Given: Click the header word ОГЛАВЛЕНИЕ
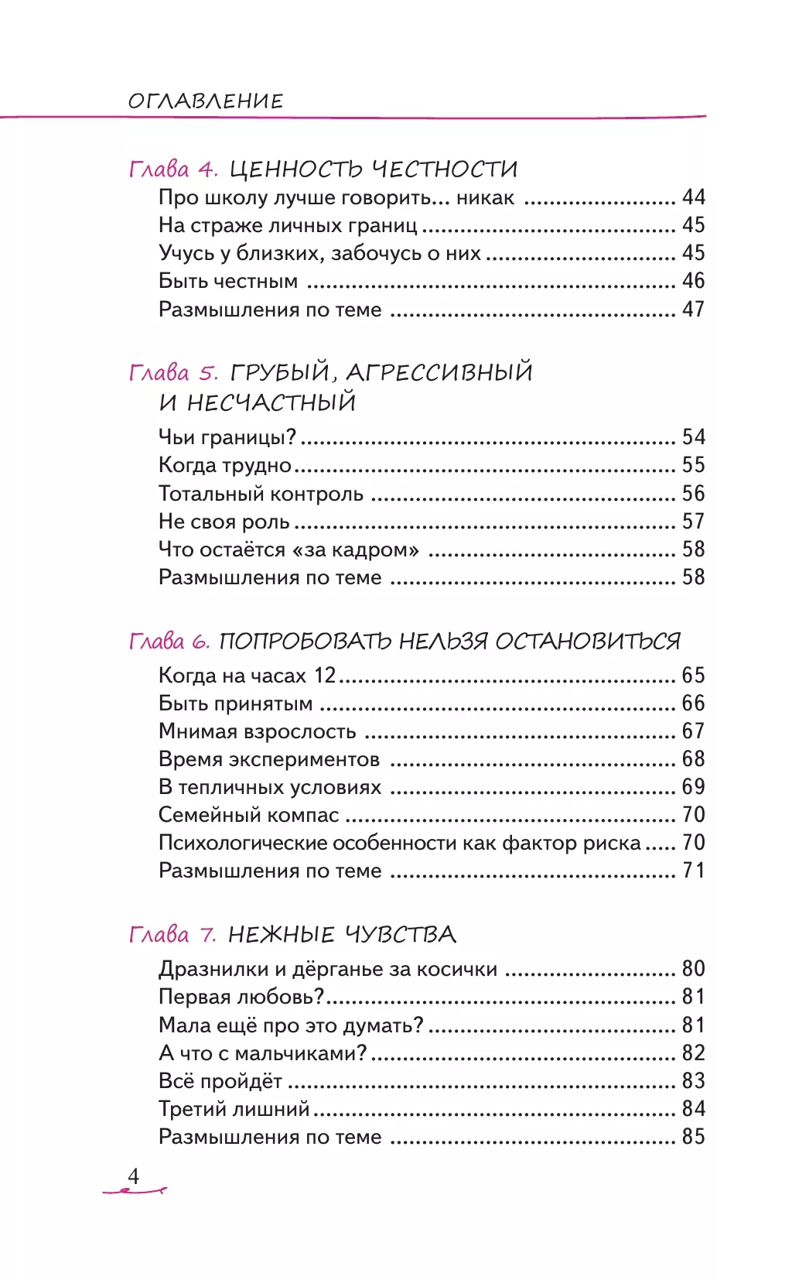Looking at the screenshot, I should point(206,101).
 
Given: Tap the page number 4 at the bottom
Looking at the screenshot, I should point(134,1176).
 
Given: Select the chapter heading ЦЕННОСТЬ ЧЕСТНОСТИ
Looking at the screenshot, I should point(374,169).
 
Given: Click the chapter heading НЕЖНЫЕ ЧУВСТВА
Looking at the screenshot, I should point(342,935).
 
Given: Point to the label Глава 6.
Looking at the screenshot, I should point(169,642).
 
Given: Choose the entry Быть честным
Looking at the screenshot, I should point(228,281).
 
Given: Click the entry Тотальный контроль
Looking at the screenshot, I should point(261,494).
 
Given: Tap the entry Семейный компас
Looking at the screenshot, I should point(248,815).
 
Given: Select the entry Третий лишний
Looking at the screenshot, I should point(234,1109).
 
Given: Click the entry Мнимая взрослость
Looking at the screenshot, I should point(257,731).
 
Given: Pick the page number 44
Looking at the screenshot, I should point(693,197).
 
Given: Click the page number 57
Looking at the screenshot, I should point(693,522).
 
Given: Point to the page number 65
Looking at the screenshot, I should point(693,676).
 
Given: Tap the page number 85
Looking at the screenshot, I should point(693,1137).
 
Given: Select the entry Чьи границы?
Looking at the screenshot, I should point(227,437).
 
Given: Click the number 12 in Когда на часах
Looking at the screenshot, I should point(325,676).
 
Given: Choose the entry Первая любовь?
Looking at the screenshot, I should point(241,997).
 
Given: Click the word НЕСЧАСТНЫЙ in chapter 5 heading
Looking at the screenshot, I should point(271,403).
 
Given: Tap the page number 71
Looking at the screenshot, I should point(693,871).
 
